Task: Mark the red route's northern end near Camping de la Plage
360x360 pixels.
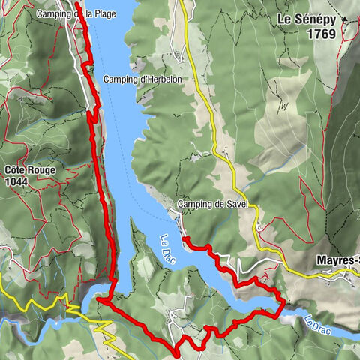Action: pos(78,6)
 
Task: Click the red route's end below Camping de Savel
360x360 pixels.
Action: pos(184,239)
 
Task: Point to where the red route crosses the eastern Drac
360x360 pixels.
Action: pos(283,306)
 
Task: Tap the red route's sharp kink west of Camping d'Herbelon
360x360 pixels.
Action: pos(90,115)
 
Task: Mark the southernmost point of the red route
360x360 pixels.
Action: pos(176,352)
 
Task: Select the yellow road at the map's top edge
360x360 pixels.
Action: pos(181,2)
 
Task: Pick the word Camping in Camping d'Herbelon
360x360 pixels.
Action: pos(120,79)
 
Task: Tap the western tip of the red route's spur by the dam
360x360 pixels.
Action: pos(97,301)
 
